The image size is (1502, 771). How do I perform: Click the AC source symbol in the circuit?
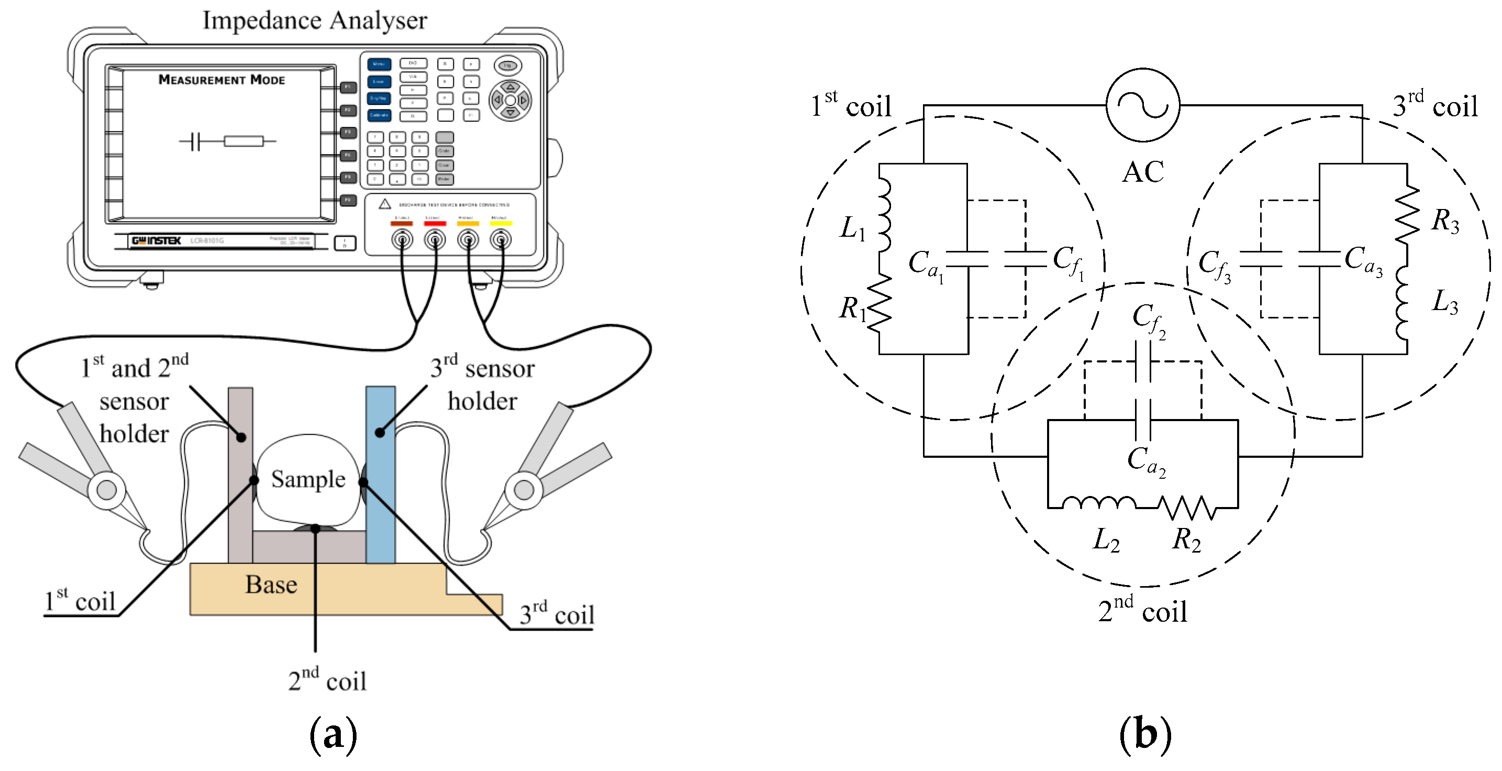click(1142, 105)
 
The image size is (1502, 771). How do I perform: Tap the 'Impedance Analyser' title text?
click(314, 20)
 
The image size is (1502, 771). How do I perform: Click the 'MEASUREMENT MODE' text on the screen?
click(221, 80)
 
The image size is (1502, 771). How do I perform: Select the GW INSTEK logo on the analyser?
click(156, 241)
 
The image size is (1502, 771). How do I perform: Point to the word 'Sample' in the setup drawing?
click(308, 479)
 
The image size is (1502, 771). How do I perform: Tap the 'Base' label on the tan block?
click(271, 585)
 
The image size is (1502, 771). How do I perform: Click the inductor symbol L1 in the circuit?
click(884, 215)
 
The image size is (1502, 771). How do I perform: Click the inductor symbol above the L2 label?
click(1098, 502)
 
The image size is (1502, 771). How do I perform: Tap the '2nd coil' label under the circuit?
click(1142, 611)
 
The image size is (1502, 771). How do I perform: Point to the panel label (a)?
click(333, 735)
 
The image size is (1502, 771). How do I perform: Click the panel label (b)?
click(1144, 735)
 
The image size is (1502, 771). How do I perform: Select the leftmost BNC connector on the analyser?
click(402, 239)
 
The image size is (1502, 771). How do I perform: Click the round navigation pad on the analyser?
click(510, 101)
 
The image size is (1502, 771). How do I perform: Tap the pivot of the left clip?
click(106, 489)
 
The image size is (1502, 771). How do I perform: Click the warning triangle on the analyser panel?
click(385, 204)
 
